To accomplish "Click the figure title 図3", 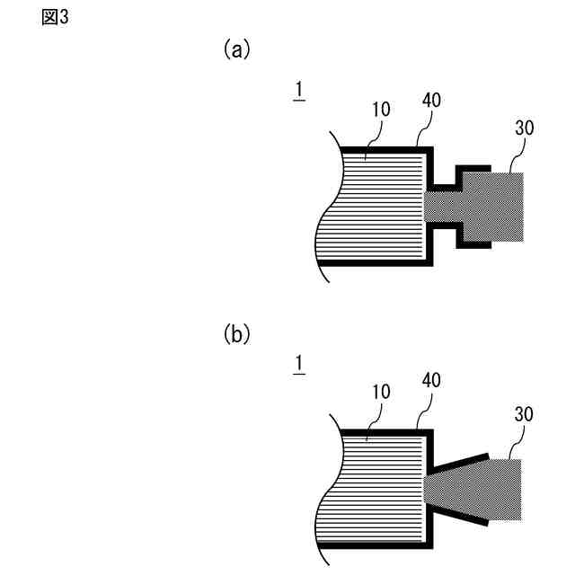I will (56, 18).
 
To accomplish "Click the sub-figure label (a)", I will (236, 50).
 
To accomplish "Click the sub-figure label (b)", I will (236, 336).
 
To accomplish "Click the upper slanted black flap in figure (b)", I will (460, 464).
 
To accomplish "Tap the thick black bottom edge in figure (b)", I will (377, 546).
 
